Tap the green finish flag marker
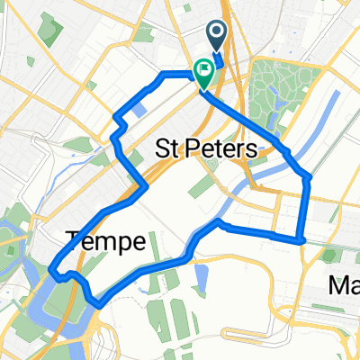[x=204, y=70]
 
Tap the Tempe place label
[x=105, y=240]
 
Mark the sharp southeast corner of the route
[x=301, y=239]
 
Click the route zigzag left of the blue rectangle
[x=116, y=126]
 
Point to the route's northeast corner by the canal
[x=308, y=177]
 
